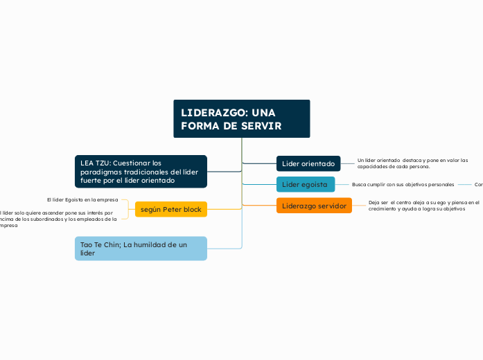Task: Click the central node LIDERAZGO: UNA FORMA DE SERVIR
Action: [241, 119]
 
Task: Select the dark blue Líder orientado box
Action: [308, 164]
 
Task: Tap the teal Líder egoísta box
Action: [306, 184]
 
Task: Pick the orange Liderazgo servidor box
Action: [314, 206]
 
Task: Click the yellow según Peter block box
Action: [170, 209]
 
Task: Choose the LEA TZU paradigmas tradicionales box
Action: [141, 172]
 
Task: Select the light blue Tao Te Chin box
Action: [141, 249]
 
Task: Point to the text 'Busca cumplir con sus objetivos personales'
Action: [403, 185]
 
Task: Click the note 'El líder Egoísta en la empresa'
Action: [82, 199]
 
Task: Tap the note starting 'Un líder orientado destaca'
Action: [412, 163]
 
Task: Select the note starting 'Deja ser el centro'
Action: [423, 206]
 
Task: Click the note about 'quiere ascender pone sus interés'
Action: [58, 219]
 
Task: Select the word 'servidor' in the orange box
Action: [329, 206]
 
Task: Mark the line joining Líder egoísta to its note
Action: [343, 185]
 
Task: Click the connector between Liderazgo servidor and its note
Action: [360, 206]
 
